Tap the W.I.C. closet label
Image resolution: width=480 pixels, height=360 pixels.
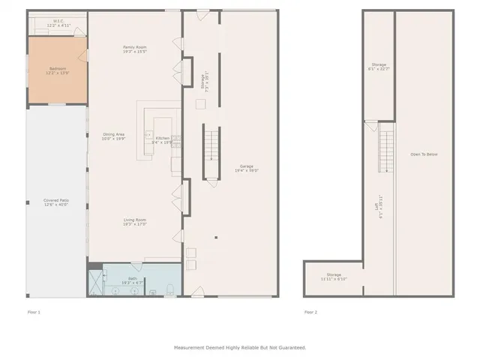pyautogui.click(x=58, y=22)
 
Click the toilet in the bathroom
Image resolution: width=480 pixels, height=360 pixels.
pyautogui.click(x=171, y=289)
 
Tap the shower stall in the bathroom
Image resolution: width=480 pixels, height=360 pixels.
pyautogui.click(x=96, y=283)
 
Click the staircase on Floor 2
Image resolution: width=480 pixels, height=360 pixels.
pyautogui.click(x=386, y=150)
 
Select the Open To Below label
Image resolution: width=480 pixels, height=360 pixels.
pyautogui.click(x=424, y=154)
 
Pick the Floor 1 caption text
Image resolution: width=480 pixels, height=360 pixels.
pyautogui.click(x=34, y=311)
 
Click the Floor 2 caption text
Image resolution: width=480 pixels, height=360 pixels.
pyautogui.click(x=310, y=311)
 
